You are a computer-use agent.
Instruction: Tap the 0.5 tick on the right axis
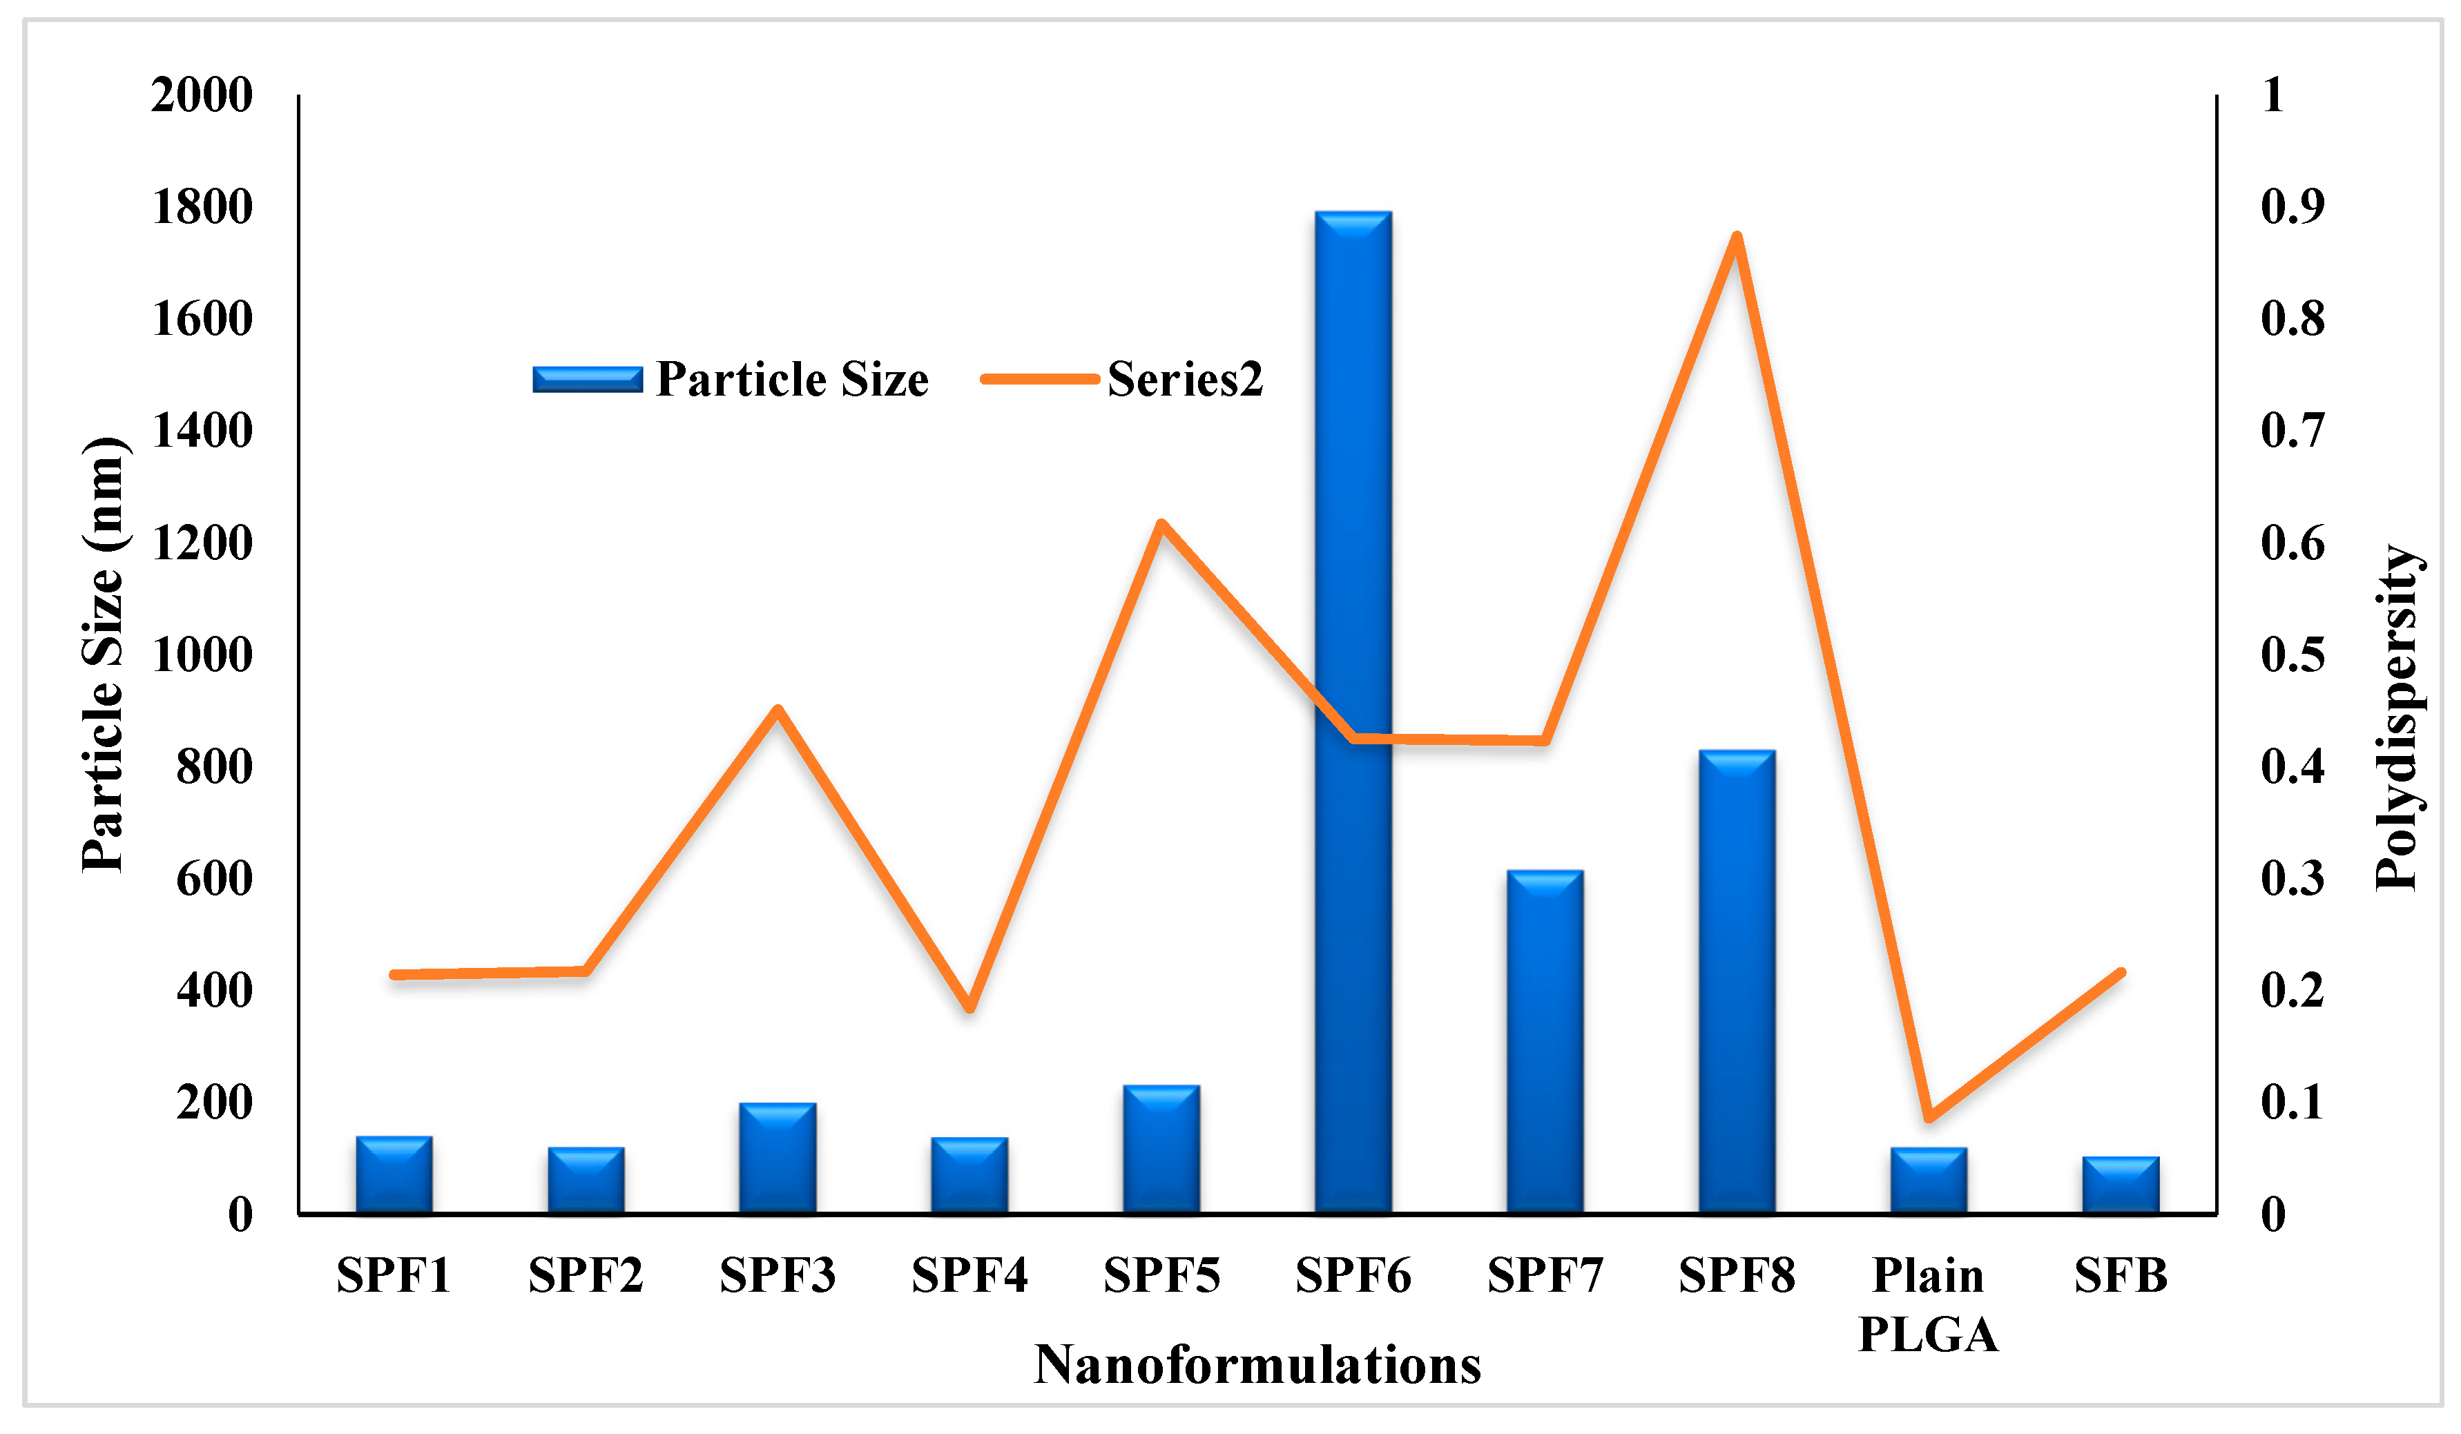(x=2292, y=655)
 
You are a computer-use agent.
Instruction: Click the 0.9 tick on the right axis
(x=2292, y=207)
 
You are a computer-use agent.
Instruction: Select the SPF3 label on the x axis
(x=778, y=1276)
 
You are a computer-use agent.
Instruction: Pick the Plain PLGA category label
(x=1928, y=1305)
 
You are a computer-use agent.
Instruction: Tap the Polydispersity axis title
(x=2397, y=717)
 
